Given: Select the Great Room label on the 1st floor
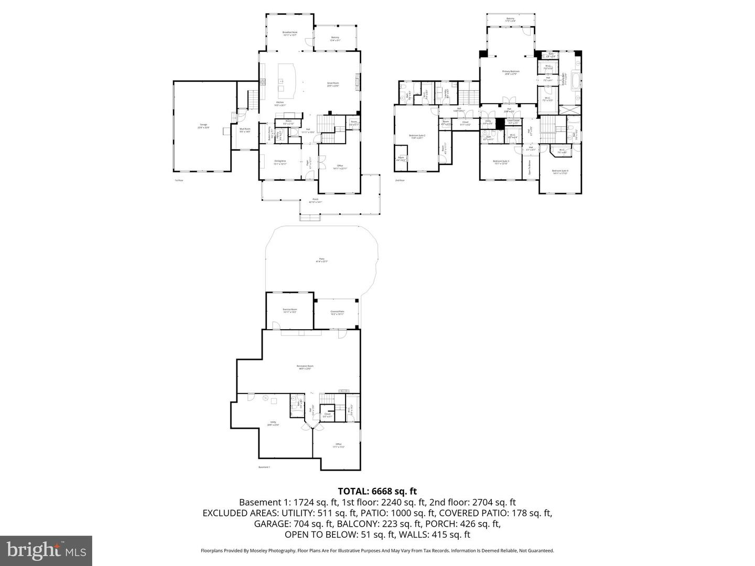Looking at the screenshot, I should (333, 84).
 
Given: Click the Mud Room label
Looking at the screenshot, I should (245, 130).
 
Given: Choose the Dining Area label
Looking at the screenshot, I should (280, 162).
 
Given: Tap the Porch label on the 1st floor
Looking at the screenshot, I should (316, 201).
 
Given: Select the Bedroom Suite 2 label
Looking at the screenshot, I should (417, 137).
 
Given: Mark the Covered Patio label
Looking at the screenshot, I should (337, 313).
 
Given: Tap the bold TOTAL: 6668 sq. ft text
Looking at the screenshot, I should (377, 491).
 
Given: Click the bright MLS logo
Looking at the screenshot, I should (46, 550).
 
